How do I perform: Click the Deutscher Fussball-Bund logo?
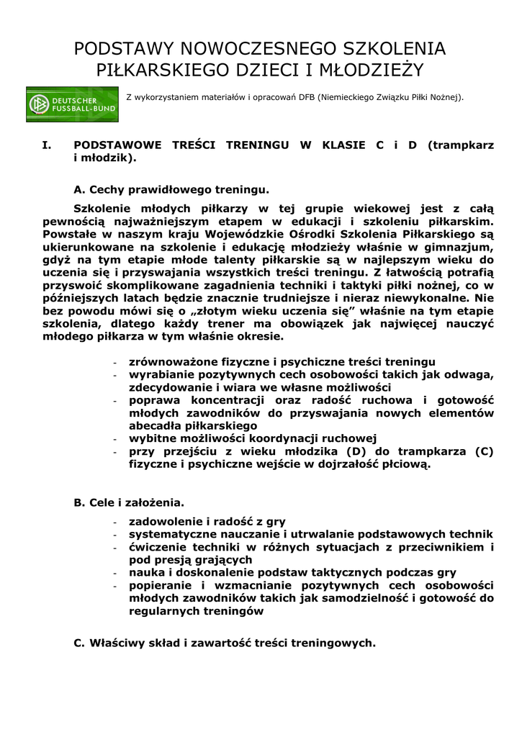click(x=72, y=104)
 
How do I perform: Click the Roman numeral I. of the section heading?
click(x=47, y=145)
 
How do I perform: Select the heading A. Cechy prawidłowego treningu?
click(x=171, y=190)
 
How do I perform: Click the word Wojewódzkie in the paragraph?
click(x=240, y=234)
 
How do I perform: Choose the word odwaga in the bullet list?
click(x=469, y=374)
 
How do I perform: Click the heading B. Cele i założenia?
click(x=129, y=502)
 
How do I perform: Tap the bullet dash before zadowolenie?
click(x=117, y=521)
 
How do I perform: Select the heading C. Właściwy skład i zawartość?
click(x=225, y=643)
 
